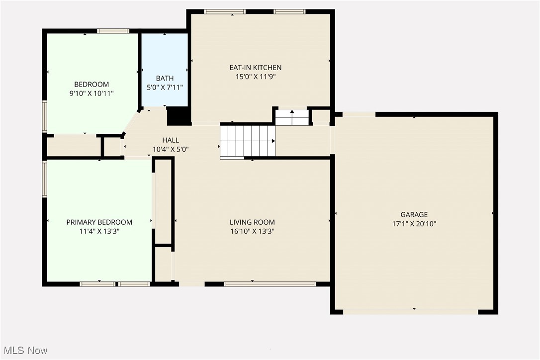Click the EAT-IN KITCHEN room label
tap(255, 68)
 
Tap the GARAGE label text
tap(414, 215)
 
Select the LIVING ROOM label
tap(252, 222)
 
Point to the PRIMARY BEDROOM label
tap(99, 222)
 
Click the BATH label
tap(165, 79)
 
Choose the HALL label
tap(170, 140)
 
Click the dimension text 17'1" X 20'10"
tap(414, 224)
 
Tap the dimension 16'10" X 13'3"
tap(252, 231)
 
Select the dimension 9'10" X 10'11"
tap(91, 93)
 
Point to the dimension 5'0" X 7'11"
tap(165, 88)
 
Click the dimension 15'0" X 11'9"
tap(255, 77)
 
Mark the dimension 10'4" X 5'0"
tap(170, 149)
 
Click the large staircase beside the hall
tap(247, 142)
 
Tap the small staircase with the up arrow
tap(292, 117)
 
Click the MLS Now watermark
tap(24, 351)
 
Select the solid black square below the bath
tap(178, 115)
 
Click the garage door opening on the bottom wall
tap(411, 312)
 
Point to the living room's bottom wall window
tap(270, 284)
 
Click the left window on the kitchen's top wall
tap(225, 11)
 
